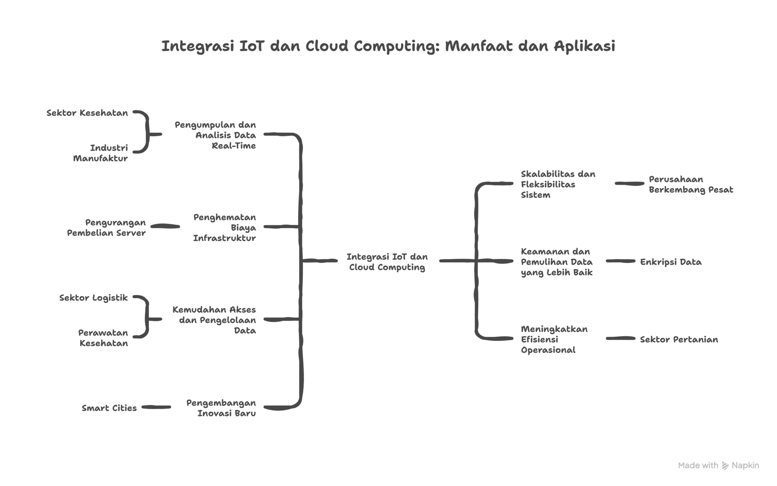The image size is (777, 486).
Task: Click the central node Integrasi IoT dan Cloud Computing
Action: pyautogui.click(x=387, y=262)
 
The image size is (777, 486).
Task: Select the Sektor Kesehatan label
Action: pyautogui.click(x=87, y=113)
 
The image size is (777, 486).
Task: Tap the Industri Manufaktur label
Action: pyautogui.click(x=101, y=153)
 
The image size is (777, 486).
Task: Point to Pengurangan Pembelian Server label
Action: pyautogui.click(x=107, y=228)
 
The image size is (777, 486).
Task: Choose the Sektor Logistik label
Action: pyautogui.click(x=93, y=298)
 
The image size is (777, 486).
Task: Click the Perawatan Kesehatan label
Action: pyautogui.click(x=103, y=338)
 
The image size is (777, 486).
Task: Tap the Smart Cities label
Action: pyautogui.click(x=109, y=408)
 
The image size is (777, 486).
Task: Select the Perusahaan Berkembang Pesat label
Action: pyautogui.click(x=690, y=184)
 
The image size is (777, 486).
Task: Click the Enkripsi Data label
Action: pyautogui.click(x=671, y=262)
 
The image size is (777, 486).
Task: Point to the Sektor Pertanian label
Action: pyautogui.click(x=679, y=339)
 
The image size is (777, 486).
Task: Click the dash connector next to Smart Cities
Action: pyautogui.click(x=156, y=407)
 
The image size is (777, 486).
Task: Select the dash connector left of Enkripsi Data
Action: pyautogui.click(x=620, y=261)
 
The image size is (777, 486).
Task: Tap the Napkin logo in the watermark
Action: pyautogui.click(x=725, y=465)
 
